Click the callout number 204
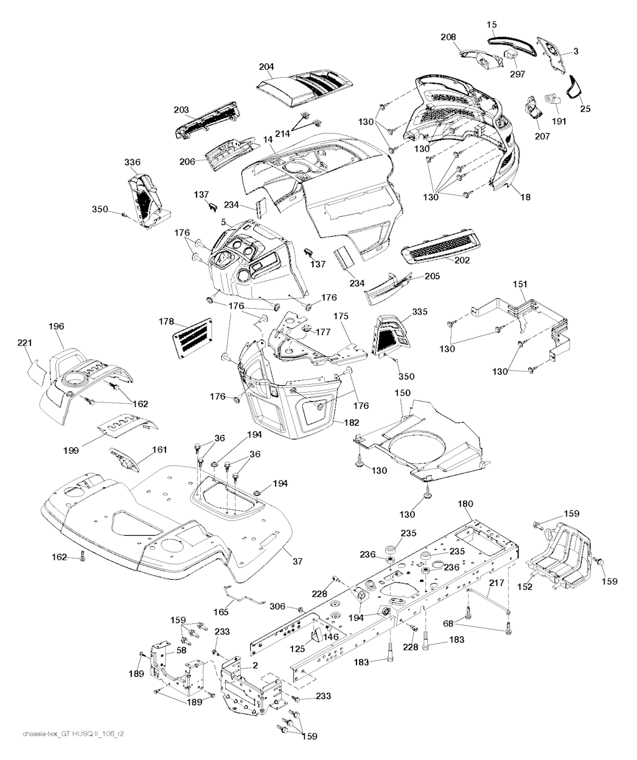pyautogui.click(x=266, y=67)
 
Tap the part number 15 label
pyautogui.click(x=491, y=25)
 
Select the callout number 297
pyautogui.click(x=518, y=74)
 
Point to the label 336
pyautogui.click(x=133, y=162)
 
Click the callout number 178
pyautogui.click(x=167, y=321)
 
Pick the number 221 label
pyautogui.click(x=25, y=342)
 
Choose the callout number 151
pyautogui.click(x=520, y=284)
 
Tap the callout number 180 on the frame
pyautogui.click(x=465, y=504)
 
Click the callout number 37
pyautogui.click(x=298, y=562)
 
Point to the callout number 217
pyautogui.click(x=496, y=583)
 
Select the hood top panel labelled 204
pyautogui.click(x=305, y=88)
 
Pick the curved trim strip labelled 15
pyautogui.click(x=512, y=46)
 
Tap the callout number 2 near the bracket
pyautogui.click(x=255, y=666)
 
